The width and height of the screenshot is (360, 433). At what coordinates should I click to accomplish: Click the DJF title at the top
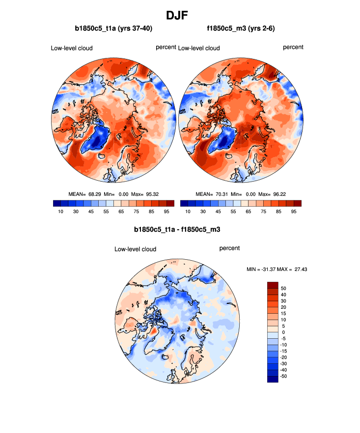[180, 15]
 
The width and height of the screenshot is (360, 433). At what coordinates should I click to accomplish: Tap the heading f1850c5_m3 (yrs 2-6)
[241, 29]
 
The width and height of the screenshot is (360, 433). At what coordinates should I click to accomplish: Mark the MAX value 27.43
[300, 269]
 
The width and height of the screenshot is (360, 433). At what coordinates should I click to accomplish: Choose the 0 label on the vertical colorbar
[283, 332]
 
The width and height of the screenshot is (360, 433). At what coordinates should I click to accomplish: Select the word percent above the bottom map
[229, 248]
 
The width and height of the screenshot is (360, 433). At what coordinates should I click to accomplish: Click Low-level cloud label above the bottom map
[135, 249]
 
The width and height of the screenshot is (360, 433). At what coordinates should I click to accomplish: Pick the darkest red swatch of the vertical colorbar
[273, 285]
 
